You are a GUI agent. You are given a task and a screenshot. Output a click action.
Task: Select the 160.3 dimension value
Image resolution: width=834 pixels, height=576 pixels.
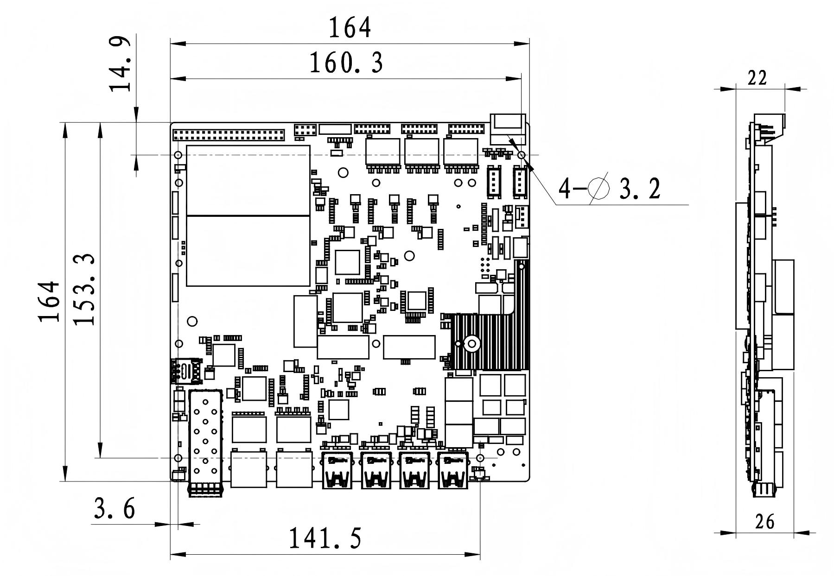pyautogui.click(x=346, y=63)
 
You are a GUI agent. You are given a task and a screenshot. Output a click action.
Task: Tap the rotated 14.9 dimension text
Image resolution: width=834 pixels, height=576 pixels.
pyautogui.click(x=119, y=64)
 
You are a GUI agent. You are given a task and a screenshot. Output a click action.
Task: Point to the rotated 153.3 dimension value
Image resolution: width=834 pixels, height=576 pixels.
pyautogui.click(x=85, y=289)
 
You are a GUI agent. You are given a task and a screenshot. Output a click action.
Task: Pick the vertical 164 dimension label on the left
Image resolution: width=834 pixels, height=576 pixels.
pyautogui.click(x=50, y=301)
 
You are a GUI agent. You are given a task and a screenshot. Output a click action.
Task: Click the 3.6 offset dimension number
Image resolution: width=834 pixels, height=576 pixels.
pyautogui.click(x=115, y=508)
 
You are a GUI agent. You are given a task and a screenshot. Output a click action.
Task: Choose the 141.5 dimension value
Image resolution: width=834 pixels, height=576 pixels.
pyautogui.click(x=325, y=538)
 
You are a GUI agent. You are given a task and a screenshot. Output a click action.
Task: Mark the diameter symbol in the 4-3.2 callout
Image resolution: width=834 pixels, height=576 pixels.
pyautogui.click(x=598, y=188)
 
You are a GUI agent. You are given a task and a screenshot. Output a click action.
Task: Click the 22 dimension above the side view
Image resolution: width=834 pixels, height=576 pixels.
pyautogui.click(x=758, y=78)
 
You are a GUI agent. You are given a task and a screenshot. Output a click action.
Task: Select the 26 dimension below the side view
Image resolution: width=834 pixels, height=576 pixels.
pyautogui.click(x=765, y=521)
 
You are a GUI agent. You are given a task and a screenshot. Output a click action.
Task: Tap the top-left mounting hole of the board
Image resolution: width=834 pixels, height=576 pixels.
pyautogui.click(x=178, y=155)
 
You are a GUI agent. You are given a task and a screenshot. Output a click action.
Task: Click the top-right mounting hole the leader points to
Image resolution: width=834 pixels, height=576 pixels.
pyautogui.click(x=521, y=155)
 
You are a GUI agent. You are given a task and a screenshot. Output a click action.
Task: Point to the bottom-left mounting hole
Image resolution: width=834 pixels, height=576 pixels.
pyautogui.click(x=178, y=458)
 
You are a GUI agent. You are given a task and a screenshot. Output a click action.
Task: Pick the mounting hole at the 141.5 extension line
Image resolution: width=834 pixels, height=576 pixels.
pyautogui.click(x=480, y=458)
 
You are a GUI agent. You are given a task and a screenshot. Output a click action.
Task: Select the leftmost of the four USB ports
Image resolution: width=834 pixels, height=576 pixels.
pyautogui.click(x=337, y=470)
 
